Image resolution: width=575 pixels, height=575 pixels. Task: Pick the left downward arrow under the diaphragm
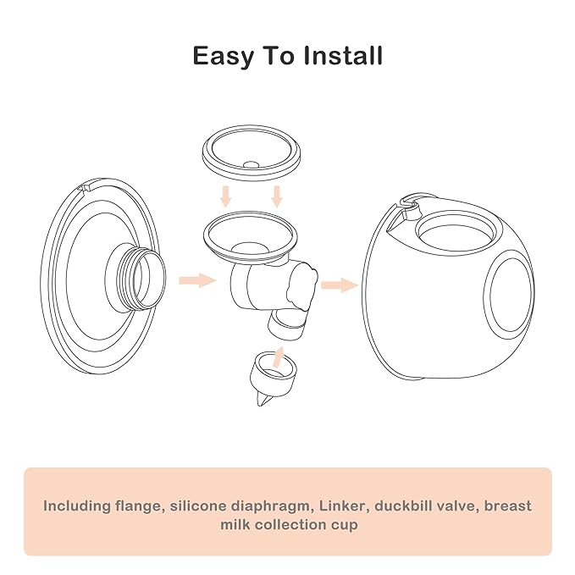point(225,196)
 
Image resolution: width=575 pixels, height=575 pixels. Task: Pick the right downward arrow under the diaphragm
point(276,196)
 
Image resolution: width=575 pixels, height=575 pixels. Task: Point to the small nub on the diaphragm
point(251,165)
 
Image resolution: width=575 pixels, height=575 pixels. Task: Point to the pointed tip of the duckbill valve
point(259,406)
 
